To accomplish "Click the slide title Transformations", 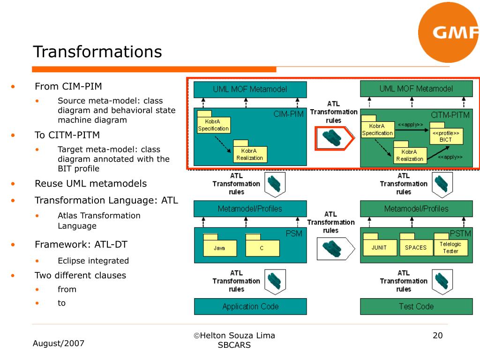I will pyautogui.click(x=97, y=52).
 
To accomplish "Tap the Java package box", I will pyautogui.click(x=219, y=248).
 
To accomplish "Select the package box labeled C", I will pyautogui.click(x=262, y=248).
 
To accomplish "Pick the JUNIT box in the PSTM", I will pyautogui.click(x=379, y=247).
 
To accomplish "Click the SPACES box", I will pyautogui.click(x=416, y=247).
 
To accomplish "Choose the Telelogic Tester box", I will pyautogui.click(x=450, y=247).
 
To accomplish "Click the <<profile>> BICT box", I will pyautogui.click(x=446, y=136).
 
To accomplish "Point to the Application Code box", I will pyautogui.click(x=250, y=307).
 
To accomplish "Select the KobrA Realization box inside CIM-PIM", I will pyautogui.click(x=249, y=154).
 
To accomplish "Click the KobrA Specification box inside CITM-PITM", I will pyautogui.click(x=377, y=129).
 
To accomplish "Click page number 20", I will pyautogui.click(x=437, y=336).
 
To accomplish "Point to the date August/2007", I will pyautogui.click(x=59, y=344).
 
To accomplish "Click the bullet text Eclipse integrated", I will pyautogui.click(x=93, y=261).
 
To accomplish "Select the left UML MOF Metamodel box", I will pyautogui.click(x=250, y=89).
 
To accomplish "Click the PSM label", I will pyautogui.click(x=294, y=233).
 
